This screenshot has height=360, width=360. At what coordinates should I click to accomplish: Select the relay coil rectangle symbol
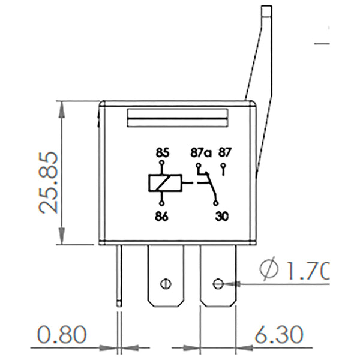tap(162, 183)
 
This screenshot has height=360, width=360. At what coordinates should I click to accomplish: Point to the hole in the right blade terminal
tap(218, 283)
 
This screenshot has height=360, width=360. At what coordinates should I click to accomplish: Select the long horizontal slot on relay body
tap(178, 119)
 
